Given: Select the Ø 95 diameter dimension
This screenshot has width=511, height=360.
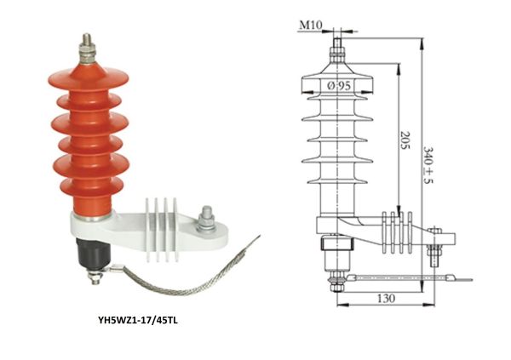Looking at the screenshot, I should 340,86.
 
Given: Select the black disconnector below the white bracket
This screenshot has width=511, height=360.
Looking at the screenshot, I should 89,254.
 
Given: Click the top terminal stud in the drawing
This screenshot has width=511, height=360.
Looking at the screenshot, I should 338,47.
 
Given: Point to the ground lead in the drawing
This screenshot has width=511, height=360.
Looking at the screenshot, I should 400,278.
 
